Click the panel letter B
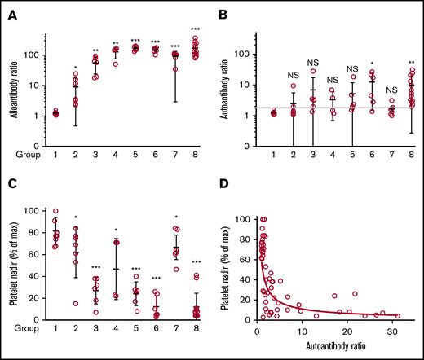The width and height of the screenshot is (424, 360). pos(223,12)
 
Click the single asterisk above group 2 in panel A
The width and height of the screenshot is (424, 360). pos(75,68)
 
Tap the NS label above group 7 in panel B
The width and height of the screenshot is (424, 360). pos(393,90)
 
